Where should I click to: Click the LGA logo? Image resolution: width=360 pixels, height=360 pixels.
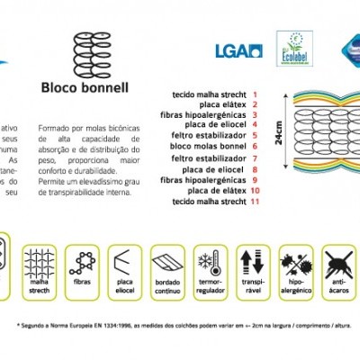[238, 50]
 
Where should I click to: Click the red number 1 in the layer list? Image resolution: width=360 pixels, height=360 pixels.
[255, 94]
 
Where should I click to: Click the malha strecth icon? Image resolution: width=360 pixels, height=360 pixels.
[39, 262]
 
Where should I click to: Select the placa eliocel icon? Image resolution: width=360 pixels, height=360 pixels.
[126, 262]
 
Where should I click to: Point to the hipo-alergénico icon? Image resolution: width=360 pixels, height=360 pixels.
[297, 262]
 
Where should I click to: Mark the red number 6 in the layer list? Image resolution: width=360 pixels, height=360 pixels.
[256, 145]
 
